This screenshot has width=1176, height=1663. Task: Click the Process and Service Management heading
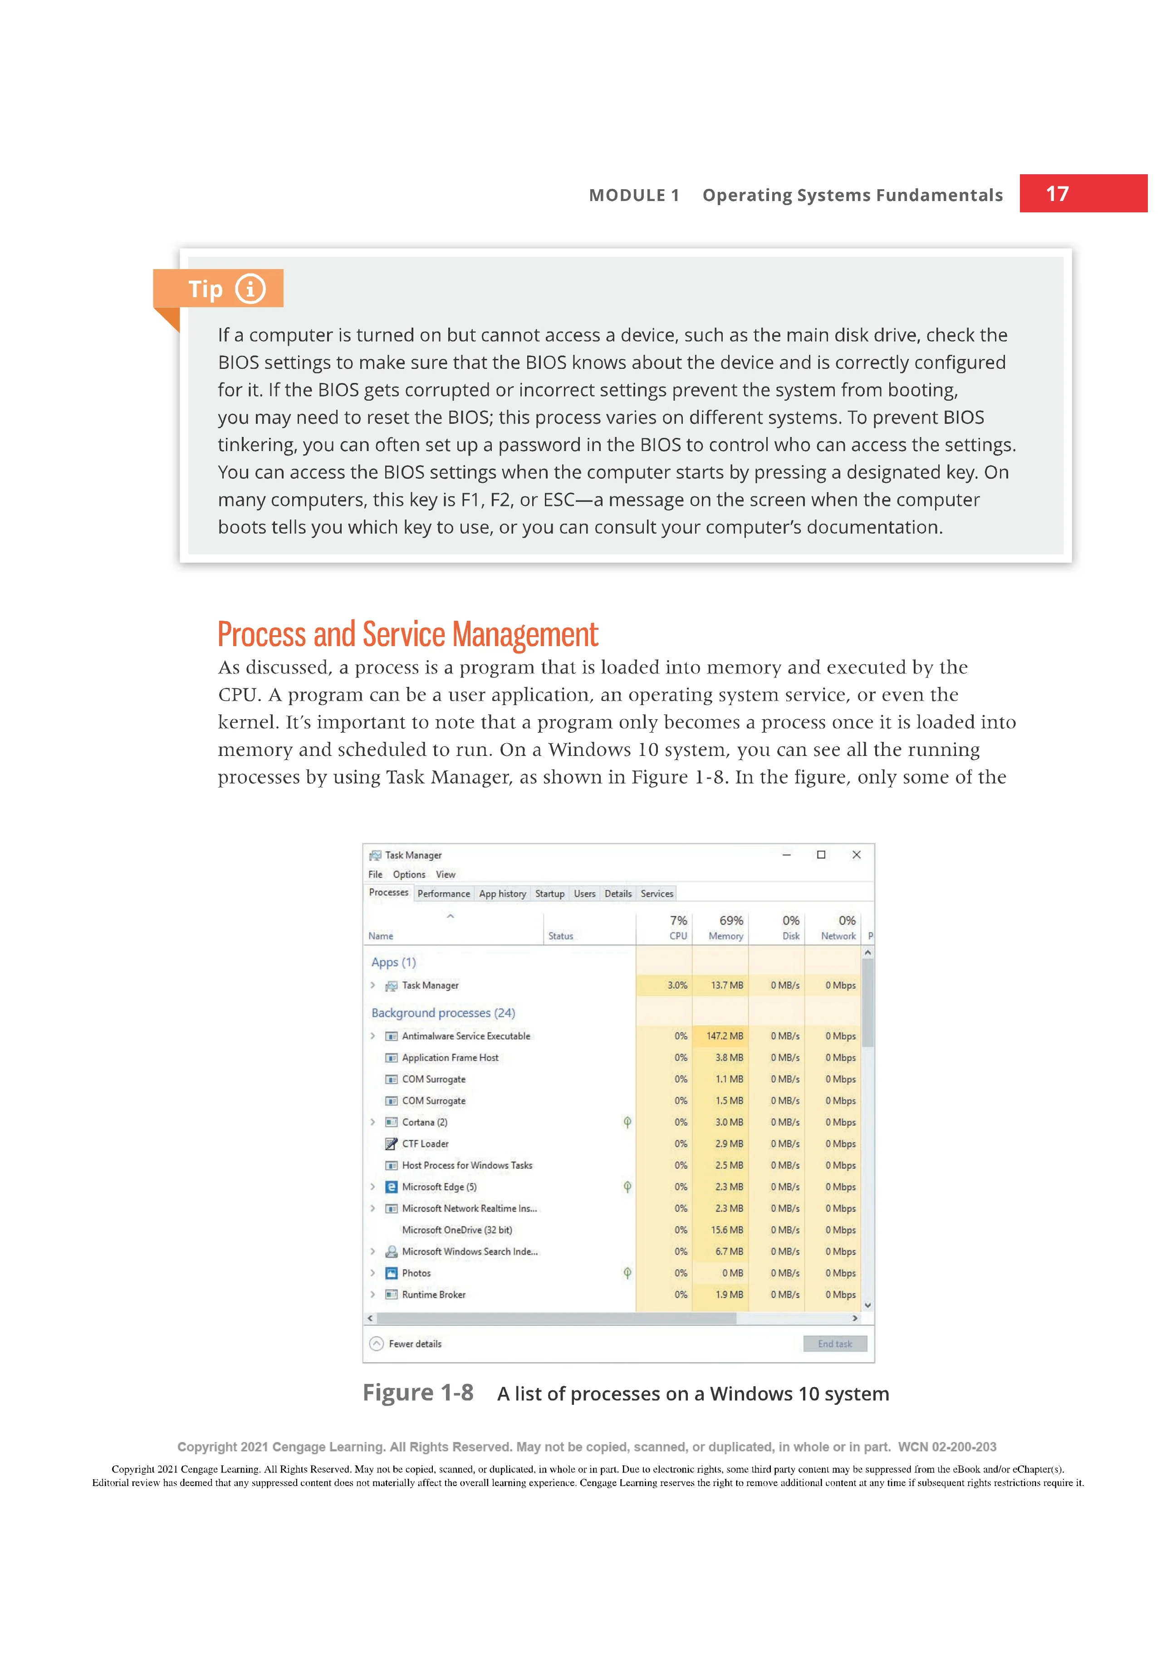[x=408, y=634]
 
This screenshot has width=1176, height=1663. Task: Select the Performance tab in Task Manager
[x=443, y=894]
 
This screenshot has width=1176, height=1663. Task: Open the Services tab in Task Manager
[x=657, y=894]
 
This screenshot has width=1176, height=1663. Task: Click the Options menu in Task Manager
[x=409, y=874]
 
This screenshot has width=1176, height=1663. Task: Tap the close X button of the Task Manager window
[x=857, y=855]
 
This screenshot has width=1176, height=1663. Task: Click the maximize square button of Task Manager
[x=821, y=855]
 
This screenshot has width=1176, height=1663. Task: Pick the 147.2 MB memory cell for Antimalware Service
[x=724, y=1036]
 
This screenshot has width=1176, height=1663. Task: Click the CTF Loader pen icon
[x=391, y=1143]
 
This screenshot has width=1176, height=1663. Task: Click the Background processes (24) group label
[x=443, y=1013]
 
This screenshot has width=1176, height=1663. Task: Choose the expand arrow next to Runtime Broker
[x=373, y=1295]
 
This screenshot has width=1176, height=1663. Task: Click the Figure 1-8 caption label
[x=418, y=1393]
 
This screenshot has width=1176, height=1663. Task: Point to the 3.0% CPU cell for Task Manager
[x=677, y=985]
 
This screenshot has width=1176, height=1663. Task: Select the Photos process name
[x=416, y=1273]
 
